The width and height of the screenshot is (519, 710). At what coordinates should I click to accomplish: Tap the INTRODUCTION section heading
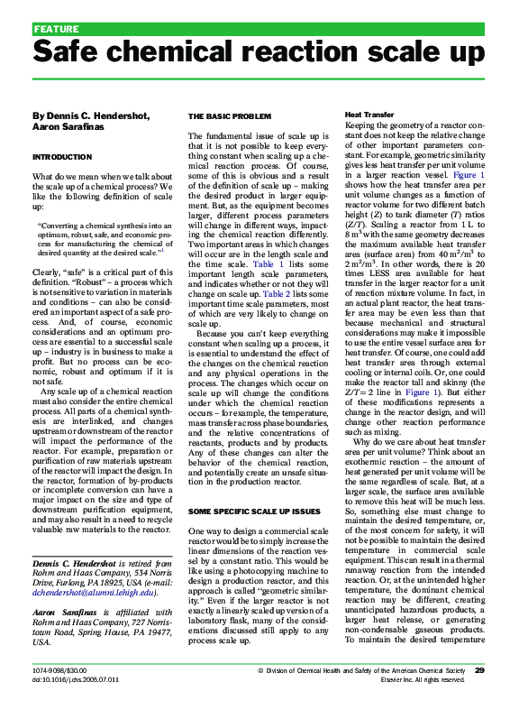(62, 156)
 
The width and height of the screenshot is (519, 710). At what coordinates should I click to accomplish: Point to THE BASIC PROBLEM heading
(229, 116)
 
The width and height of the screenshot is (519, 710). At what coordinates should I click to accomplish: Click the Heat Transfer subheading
(369, 116)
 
